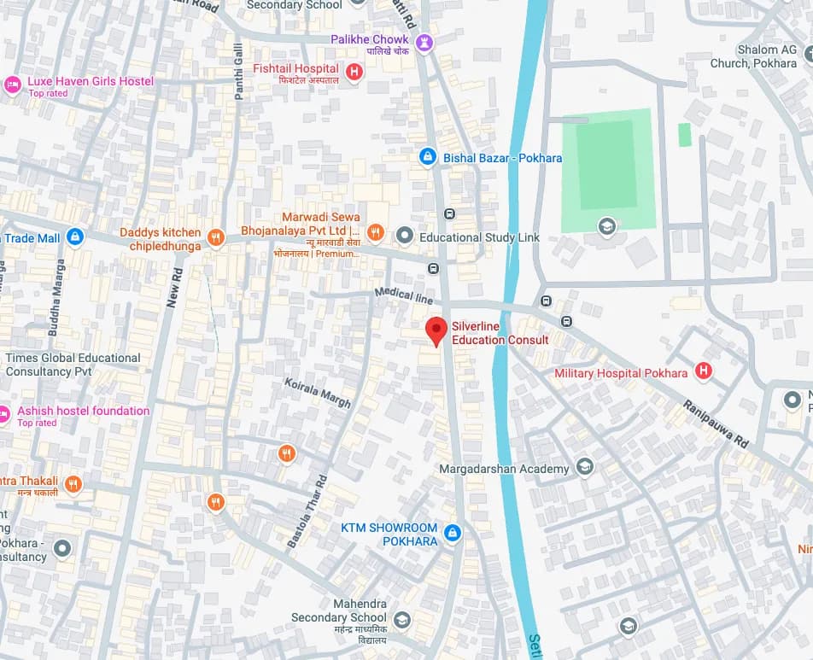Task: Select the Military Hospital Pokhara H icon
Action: [x=703, y=371]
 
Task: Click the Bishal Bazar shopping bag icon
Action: [x=427, y=157]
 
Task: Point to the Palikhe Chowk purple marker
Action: [x=424, y=42]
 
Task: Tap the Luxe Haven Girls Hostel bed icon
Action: [x=12, y=84]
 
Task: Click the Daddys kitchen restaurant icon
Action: [x=216, y=238]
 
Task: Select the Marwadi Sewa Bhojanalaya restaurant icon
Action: [x=375, y=231]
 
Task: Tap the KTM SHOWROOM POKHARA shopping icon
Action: [x=453, y=534]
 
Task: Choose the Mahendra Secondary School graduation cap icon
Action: [x=401, y=620]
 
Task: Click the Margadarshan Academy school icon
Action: [x=585, y=466]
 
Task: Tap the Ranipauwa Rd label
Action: [x=716, y=424]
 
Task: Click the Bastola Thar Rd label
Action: [x=307, y=511]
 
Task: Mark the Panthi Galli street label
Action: [x=239, y=75]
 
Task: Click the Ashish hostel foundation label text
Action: [x=83, y=411]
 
